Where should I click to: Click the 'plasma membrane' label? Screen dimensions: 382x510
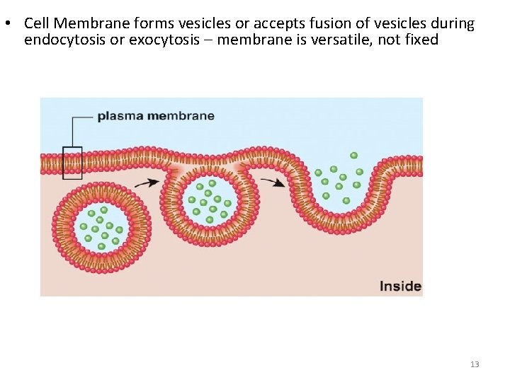[x=155, y=115]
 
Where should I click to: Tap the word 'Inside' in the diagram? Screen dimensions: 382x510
[x=400, y=286]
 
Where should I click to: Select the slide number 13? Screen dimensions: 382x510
[x=475, y=364]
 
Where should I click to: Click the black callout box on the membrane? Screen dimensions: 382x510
[x=72, y=162]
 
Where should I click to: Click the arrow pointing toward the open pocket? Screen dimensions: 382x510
[x=273, y=182]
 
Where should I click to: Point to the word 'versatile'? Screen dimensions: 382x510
[x=345, y=40]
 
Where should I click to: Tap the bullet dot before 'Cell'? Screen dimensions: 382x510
[x=6, y=23]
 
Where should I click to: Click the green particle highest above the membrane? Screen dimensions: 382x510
[x=353, y=155]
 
